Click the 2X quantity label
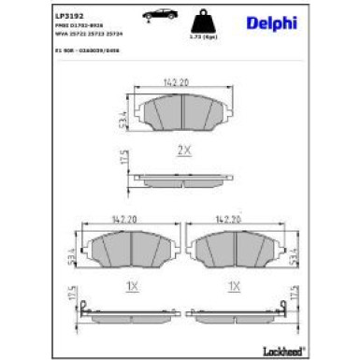[184, 150]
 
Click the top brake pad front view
[184, 115]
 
